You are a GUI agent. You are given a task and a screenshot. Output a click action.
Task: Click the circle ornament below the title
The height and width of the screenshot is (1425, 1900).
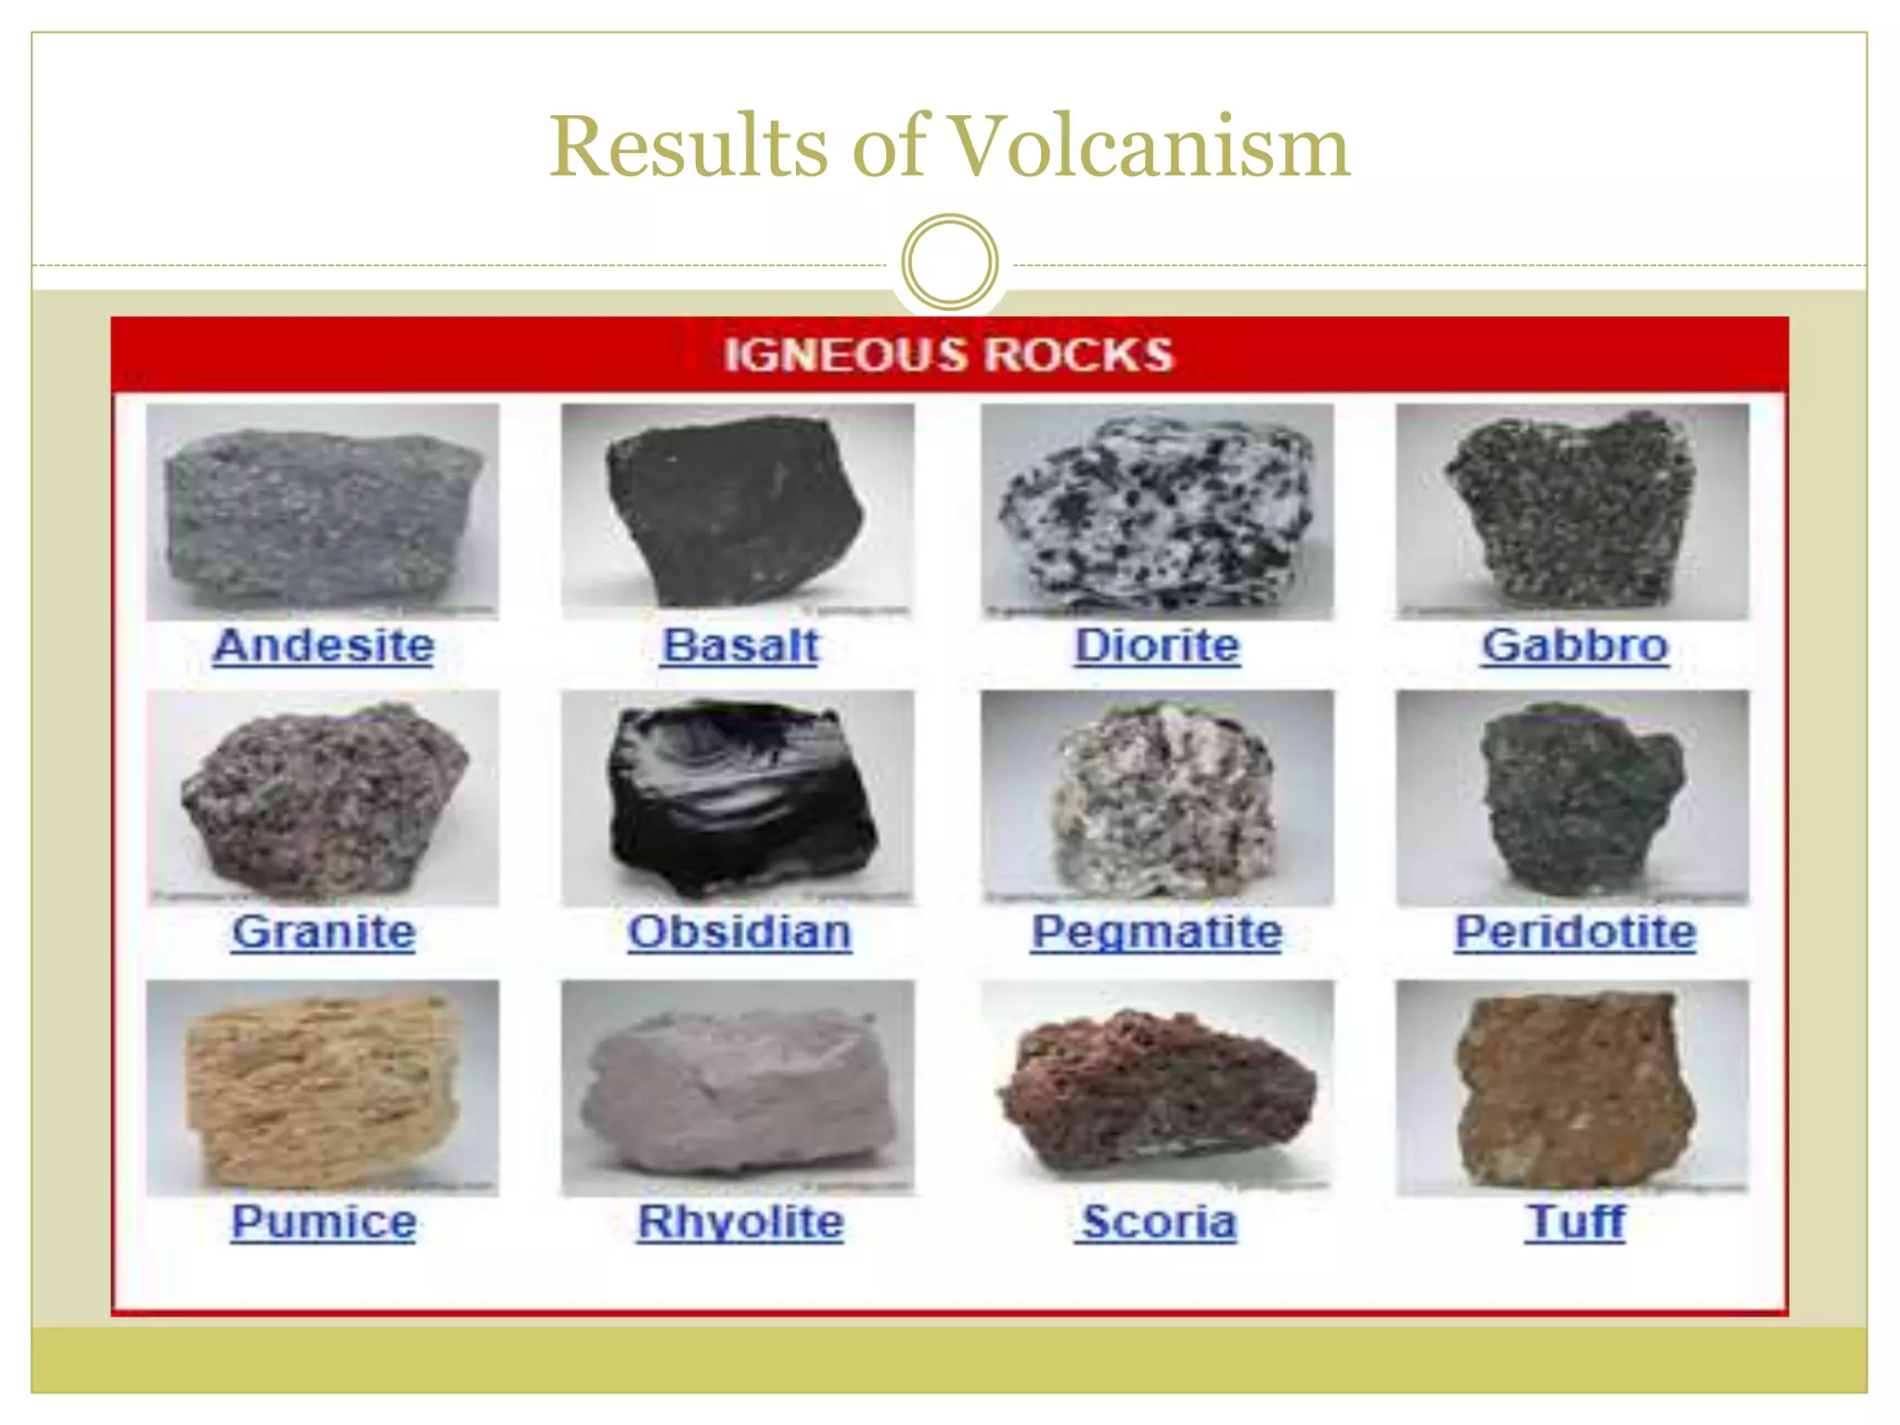click(x=949, y=262)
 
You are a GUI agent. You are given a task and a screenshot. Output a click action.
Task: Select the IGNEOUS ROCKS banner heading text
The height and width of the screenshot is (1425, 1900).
click(x=948, y=354)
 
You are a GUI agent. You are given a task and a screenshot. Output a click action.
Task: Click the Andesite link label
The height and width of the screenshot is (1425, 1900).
click(x=323, y=646)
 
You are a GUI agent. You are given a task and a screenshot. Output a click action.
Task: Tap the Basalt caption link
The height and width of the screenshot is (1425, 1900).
click(x=740, y=646)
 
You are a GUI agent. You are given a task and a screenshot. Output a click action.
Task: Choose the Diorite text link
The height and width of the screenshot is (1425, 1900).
click(x=1157, y=646)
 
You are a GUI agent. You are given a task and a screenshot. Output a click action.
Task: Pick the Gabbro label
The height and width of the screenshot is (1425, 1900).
click(x=1574, y=646)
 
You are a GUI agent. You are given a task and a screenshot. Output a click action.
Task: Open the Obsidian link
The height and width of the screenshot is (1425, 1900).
click(x=739, y=931)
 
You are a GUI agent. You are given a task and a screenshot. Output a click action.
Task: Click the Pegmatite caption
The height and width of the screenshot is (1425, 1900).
click(x=1157, y=931)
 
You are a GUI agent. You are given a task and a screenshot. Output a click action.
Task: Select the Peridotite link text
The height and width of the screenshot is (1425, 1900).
click(x=1574, y=931)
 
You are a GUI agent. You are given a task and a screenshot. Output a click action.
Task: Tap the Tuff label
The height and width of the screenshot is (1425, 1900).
click(x=1575, y=1221)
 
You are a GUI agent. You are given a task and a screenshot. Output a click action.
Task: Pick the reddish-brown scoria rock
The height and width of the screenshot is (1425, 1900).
click(x=1155, y=1090)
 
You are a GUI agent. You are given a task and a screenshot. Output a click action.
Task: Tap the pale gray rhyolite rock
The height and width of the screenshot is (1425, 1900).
click(x=740, y=1090)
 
